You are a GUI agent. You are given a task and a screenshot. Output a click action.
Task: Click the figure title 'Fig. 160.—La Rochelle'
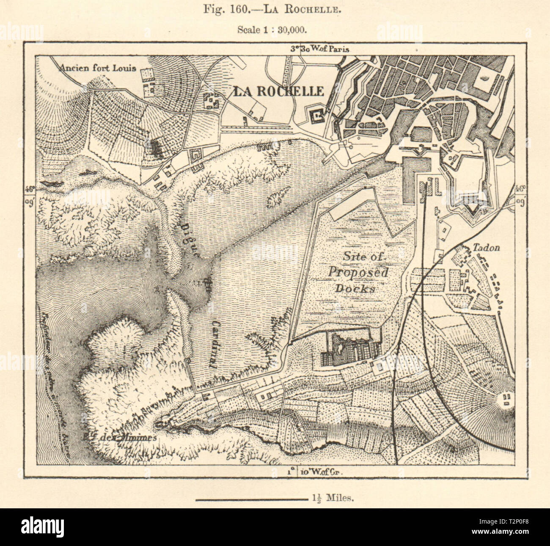point(275,9)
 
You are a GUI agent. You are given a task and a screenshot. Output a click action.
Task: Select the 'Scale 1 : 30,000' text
point(275,30)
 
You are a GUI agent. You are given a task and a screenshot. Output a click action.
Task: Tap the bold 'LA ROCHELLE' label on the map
point(278,91)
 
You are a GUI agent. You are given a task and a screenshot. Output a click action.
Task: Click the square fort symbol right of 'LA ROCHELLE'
point(316,114)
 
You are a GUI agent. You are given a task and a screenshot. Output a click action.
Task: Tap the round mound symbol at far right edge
point(506,399)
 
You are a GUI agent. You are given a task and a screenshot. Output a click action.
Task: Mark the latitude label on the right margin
point(520,193)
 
